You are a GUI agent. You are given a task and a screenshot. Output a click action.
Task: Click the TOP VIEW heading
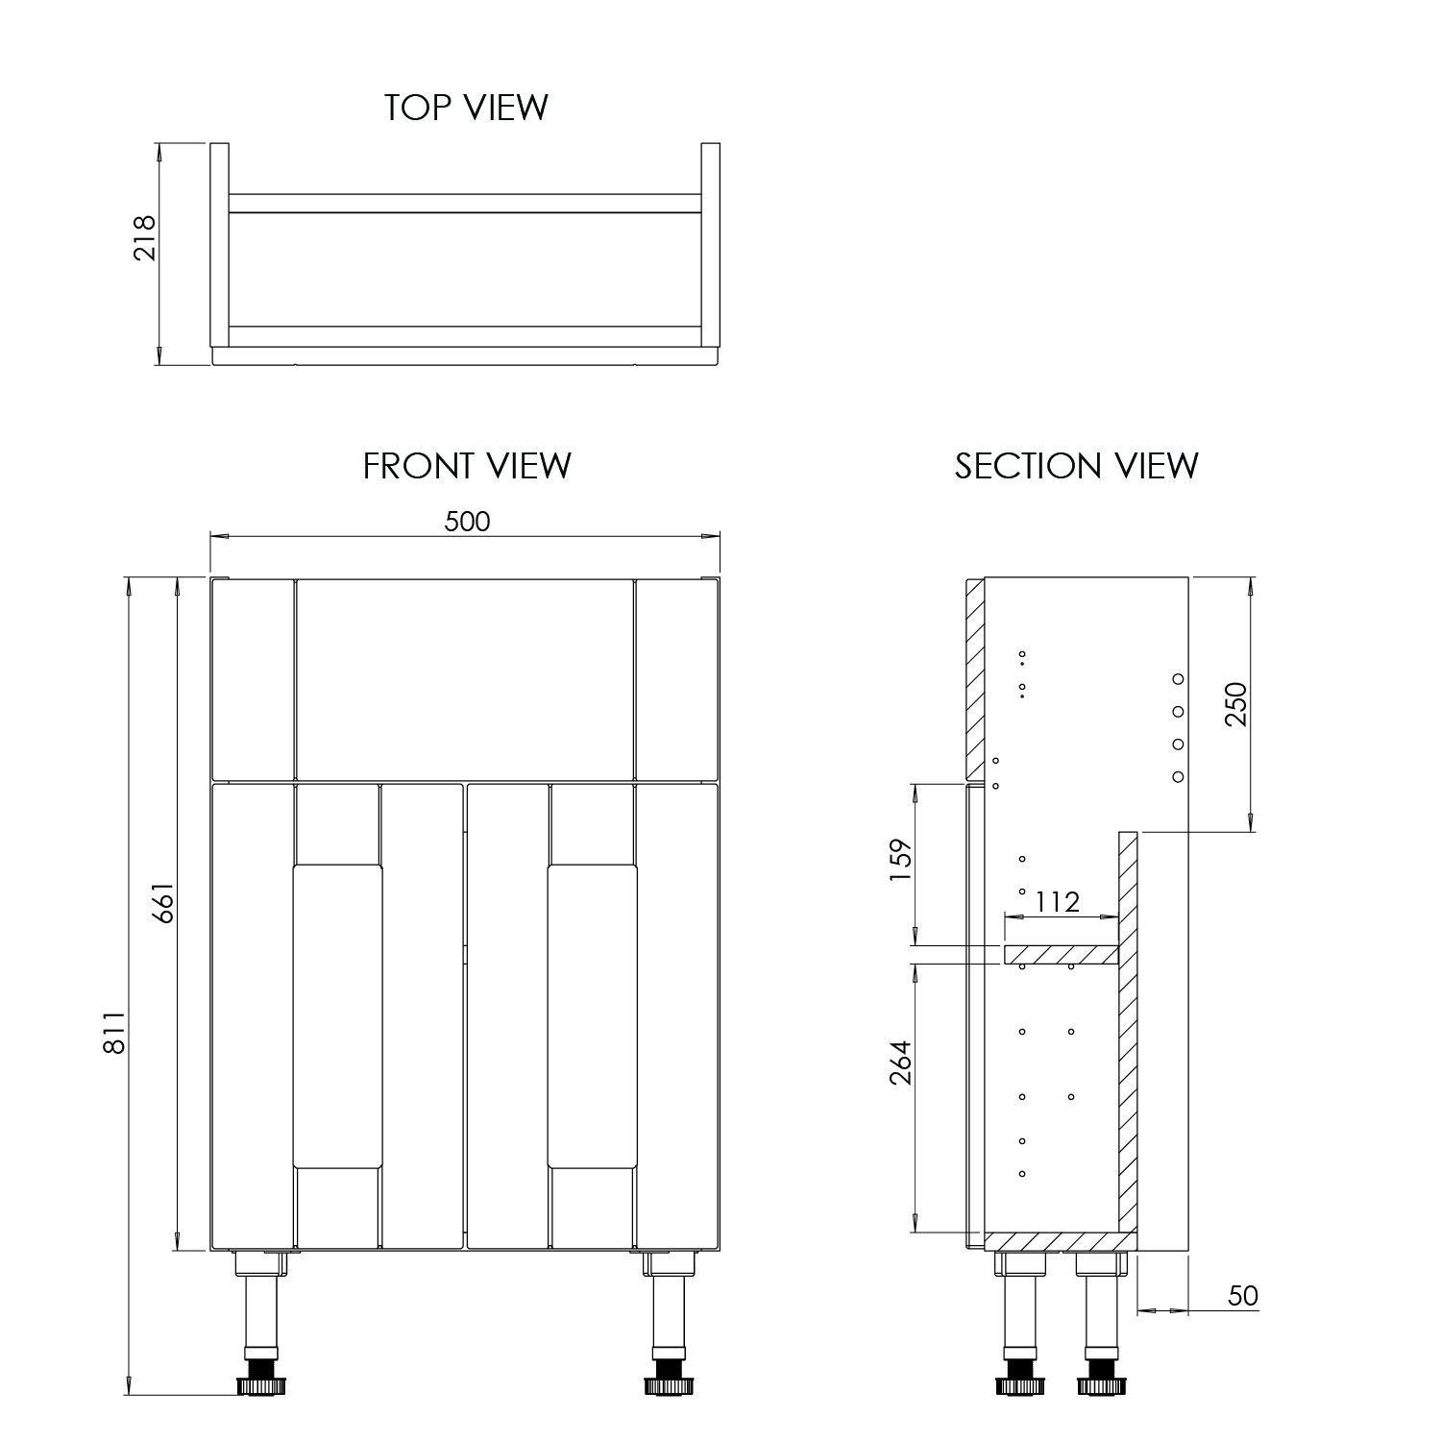click(x=466, y=107)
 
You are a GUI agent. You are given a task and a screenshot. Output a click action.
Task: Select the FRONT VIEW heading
click(x=467, y=466)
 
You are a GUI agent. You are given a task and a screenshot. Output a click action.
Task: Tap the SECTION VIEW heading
click(x=1076, y=466)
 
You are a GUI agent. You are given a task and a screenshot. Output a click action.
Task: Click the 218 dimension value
click(x=144, y=237)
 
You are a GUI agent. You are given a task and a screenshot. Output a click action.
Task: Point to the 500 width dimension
click(x=467, y=521)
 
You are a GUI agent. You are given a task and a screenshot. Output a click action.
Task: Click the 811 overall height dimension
click(x=113, y=1033)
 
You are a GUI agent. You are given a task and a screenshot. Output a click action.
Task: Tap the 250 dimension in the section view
click(x=1235, y=703)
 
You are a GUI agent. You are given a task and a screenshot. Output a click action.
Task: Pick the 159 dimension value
click(x=901, y=864)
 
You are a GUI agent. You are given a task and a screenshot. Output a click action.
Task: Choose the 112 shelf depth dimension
click(x=1057, y=901)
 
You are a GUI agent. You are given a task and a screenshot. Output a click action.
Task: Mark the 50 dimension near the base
click(x=1242, y=1296)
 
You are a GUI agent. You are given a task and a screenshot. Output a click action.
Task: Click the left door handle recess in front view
click(x=337, y=1015)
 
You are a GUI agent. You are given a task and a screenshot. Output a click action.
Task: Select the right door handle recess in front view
click(x=593, y=1015)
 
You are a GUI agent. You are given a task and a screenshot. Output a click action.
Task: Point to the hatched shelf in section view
click(x=1062, y=955)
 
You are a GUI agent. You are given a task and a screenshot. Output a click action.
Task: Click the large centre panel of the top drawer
click(x=465, y=678)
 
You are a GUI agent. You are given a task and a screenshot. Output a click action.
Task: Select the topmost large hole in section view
click(x=1179, y=679)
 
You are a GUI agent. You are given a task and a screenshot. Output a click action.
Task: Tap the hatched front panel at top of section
click(x=974, y=678)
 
